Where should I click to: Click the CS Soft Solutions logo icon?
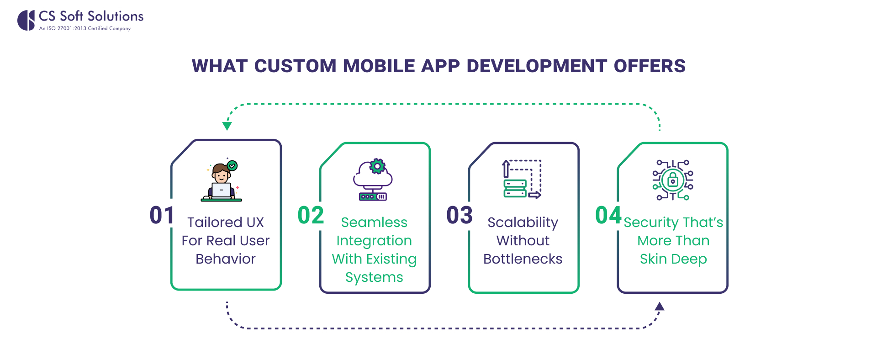[26, 21]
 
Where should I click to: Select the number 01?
[162, 215]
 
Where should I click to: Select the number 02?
[311, 215]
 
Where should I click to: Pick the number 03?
[460, 215]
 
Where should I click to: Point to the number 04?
[608, 215]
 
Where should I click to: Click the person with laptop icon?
[222, 182]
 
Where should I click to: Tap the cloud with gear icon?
[373, 180]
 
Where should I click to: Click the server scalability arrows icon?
[522, 179]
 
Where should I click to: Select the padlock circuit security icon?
[673, 180]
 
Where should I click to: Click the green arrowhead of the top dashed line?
[227, 126]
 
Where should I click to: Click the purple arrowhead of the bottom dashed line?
[659, 307]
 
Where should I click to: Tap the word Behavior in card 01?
[226, 259]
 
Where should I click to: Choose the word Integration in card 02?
[374, 241]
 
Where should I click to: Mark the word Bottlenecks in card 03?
[523, 259]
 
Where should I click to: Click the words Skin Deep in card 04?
[673, 259]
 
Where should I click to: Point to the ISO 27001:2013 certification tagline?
[85, 28]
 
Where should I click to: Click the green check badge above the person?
[232, 165]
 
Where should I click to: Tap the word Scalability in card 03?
[523, 222]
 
